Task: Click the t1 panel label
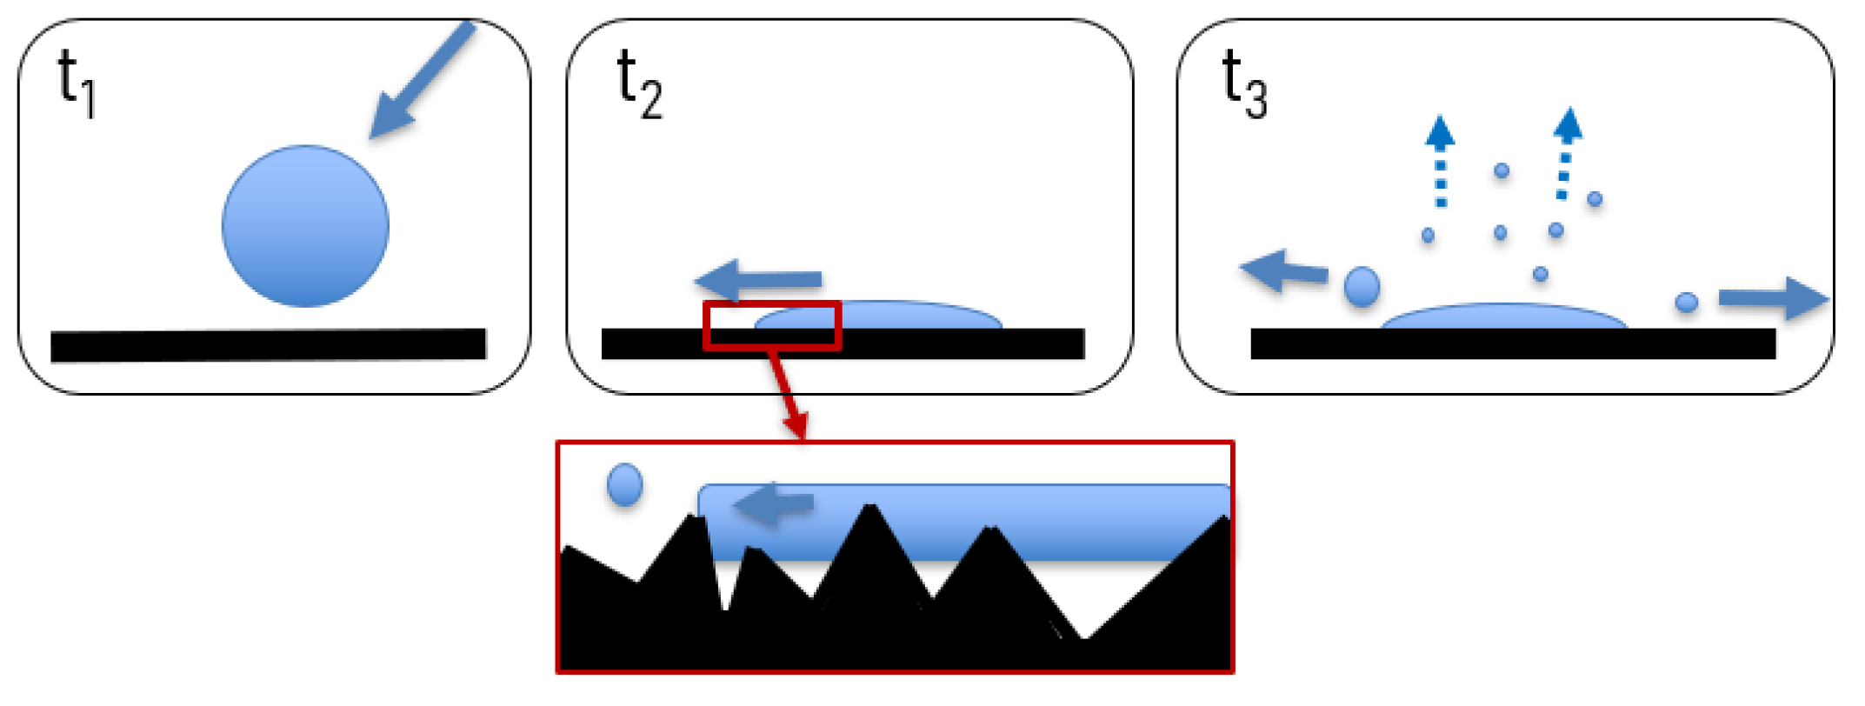pyautogui.click(x=76, y=84)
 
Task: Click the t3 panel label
pyautogui.click(x=1244, y=84)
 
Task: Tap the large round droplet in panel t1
pyautogui.click(x=305, y=226)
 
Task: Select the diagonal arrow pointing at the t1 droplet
pyautogui.click(x=422, y=80)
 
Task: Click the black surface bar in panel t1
pyautogui.click(x=268, y=345)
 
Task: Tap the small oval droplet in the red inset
pyautogui.click(x=624, y=484)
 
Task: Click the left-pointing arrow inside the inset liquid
pyautogui.click(x=773, y=504)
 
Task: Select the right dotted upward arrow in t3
pyautogui.click(x=1566, y=154)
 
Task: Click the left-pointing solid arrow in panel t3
pyautogui.click(x=1283, y=272)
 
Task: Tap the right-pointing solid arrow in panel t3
pyautogui.click(x=1774, y=298)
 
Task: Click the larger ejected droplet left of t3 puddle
pyautogui.click(x=1362, y=286)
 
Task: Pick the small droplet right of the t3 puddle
pyautogui.click(x=1686, y=303)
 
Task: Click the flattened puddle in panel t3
pyautogui.click(x=1504, y=316)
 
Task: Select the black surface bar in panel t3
pyautogui.click(x=1513, y=344)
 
